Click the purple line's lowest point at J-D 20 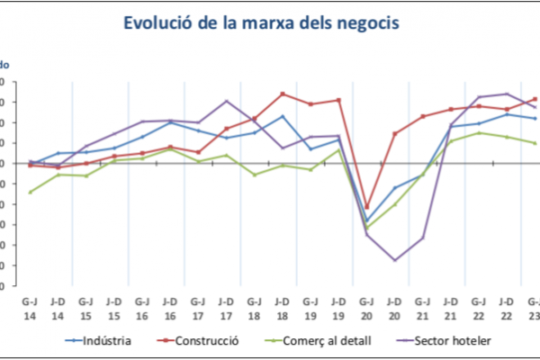(394, 260)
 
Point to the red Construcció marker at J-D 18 (283, 94)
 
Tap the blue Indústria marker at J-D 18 (283, 116)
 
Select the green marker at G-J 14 (30, 192)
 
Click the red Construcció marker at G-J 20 (366, 207)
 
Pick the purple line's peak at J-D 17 (226, 101)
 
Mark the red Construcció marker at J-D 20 (394, 133)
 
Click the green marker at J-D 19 (338, 149)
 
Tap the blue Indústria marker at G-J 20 (366, 220)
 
